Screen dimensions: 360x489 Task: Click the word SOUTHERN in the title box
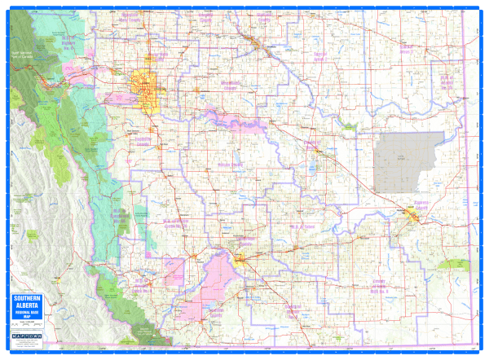(26, 299)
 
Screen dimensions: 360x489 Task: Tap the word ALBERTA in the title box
(26, 306)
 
